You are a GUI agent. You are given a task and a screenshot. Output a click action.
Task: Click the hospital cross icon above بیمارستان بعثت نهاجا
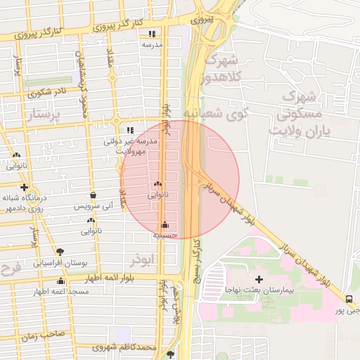click(x=259, y=280)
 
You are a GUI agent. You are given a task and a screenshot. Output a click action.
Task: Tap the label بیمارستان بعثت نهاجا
click(x=259, y=290)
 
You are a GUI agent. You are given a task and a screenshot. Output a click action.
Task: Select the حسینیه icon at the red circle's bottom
click(x=165, y=225)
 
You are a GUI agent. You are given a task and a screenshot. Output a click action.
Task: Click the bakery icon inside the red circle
click(x=156, y=184)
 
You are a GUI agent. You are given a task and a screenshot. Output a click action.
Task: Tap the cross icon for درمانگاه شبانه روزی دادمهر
click(x=25, y=187)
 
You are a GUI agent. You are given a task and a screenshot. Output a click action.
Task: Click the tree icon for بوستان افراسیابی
click(x=60, y=251)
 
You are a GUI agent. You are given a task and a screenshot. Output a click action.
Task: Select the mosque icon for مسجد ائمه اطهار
click(x=60, y=281)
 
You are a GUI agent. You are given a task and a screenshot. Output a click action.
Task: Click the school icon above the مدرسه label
click(x=152, y=33)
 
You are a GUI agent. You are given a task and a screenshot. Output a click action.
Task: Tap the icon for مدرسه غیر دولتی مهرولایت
click(x=129, y=130)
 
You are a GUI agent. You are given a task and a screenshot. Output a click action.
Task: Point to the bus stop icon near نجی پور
click(x=350, y=299)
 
